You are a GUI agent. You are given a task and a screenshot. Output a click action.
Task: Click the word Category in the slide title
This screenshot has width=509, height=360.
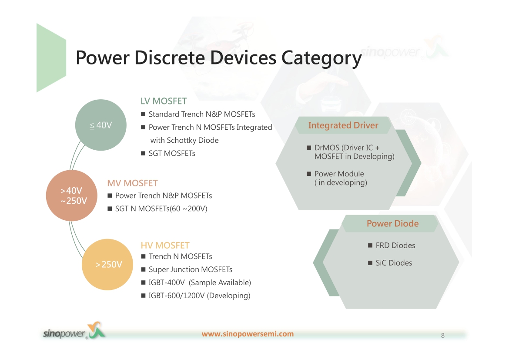point(321,58)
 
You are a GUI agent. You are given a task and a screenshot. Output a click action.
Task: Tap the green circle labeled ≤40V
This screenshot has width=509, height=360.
point(100,125)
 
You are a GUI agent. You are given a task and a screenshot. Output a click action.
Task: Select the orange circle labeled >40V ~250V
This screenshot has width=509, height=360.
point(72,195)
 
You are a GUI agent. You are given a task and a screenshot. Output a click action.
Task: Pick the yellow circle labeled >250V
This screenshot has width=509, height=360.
point(107,265)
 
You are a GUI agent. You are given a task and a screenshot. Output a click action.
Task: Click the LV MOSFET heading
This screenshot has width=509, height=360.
point(164,101)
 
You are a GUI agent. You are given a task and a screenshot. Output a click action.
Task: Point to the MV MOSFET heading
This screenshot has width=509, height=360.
point(132,183)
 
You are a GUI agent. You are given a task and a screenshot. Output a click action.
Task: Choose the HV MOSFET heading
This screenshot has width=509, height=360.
point(165,246)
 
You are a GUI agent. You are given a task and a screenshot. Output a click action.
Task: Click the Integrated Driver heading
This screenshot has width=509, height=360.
point(343,125)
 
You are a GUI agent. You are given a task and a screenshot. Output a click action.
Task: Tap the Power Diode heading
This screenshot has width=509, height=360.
point(392,224)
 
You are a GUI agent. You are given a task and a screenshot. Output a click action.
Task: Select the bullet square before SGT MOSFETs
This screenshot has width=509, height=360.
point(143,153)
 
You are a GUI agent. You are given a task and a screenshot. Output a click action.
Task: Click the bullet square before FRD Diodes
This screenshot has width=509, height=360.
point(370,246)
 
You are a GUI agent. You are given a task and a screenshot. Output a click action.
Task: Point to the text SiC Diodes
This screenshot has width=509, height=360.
point(394,263)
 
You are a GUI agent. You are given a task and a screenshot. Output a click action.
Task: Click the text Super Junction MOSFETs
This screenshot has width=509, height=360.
point(191,270)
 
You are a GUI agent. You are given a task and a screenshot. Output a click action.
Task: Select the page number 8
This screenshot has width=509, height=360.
point(443,336)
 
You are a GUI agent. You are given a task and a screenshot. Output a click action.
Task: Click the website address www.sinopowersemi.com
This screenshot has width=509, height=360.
point(248,334)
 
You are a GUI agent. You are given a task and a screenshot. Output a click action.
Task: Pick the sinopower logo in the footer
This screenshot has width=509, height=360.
point(74,331)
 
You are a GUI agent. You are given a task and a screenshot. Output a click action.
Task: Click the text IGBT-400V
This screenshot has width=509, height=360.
point(167,283)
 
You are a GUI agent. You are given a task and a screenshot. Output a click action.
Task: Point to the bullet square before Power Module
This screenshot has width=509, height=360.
point(309,174)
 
